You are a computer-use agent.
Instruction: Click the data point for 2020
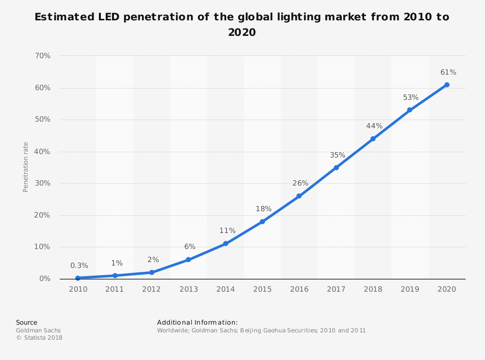coord(447,85)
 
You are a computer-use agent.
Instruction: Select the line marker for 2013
coord(188,260)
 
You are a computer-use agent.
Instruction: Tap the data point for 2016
coord(299,196)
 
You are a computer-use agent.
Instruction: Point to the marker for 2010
coord(78,278)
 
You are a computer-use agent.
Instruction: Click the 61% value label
coord(448,72)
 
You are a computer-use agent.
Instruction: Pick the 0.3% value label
coord(79,266)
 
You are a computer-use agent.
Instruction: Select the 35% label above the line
coord(337,155)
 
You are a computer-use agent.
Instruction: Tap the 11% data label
coord(227,231)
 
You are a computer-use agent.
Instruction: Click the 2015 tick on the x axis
coord(262,289)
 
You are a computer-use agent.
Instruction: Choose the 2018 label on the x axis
coord(373,289)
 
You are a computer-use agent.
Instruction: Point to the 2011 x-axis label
coord(114,289)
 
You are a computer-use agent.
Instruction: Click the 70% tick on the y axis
coord(43,56)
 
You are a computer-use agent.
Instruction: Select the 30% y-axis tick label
coord(43,183)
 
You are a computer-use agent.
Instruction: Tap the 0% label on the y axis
coord(45,279)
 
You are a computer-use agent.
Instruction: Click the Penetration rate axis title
coord(26,167)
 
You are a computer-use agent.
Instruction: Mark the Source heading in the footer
coord(26,322)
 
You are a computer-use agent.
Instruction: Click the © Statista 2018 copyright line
coord(39,338)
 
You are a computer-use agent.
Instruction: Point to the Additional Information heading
coord(197,322)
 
